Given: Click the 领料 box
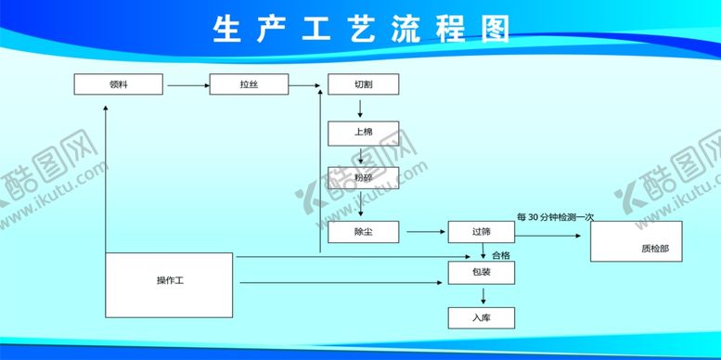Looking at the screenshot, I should point(118,84).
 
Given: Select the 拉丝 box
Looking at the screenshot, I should point(248,84).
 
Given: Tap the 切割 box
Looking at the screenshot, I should point(363,84).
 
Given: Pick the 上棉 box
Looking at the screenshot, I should point(363,133).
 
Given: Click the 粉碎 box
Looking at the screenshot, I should point(363,177).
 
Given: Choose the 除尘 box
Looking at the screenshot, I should point(363,232).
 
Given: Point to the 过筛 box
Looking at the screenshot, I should point(481,232).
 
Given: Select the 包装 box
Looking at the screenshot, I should point(481,273).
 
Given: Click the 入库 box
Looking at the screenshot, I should point(481,317).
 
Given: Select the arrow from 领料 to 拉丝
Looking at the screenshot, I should point(187,85).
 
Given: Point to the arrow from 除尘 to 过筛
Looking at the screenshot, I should point(423,232).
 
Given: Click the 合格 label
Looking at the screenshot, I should point(500,255).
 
